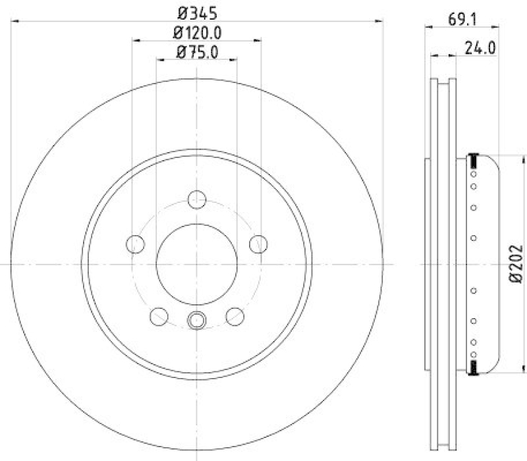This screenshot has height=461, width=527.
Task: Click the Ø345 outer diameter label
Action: click(x=196, y=12)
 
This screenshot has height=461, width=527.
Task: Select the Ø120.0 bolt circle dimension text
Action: click(x=196, y=32)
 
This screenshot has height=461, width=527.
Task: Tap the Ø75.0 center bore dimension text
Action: click(x=196, y=52)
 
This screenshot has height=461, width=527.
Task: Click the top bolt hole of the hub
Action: click(x=197, y=200)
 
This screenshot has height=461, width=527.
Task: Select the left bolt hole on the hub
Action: click(x=135, y=244)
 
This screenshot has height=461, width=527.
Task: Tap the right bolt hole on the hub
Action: click(x=258, y=244)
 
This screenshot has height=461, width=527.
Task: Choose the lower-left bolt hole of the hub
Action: click(x=159, y=317)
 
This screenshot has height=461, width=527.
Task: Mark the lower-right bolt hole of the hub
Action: click(x=235, y=317)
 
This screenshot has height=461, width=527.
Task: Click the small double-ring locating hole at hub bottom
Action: click(x=196, y=320)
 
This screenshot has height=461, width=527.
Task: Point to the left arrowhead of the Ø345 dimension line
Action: click(x=14, y=21)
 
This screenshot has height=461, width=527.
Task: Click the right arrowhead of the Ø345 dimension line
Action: click(x=380, y=21)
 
